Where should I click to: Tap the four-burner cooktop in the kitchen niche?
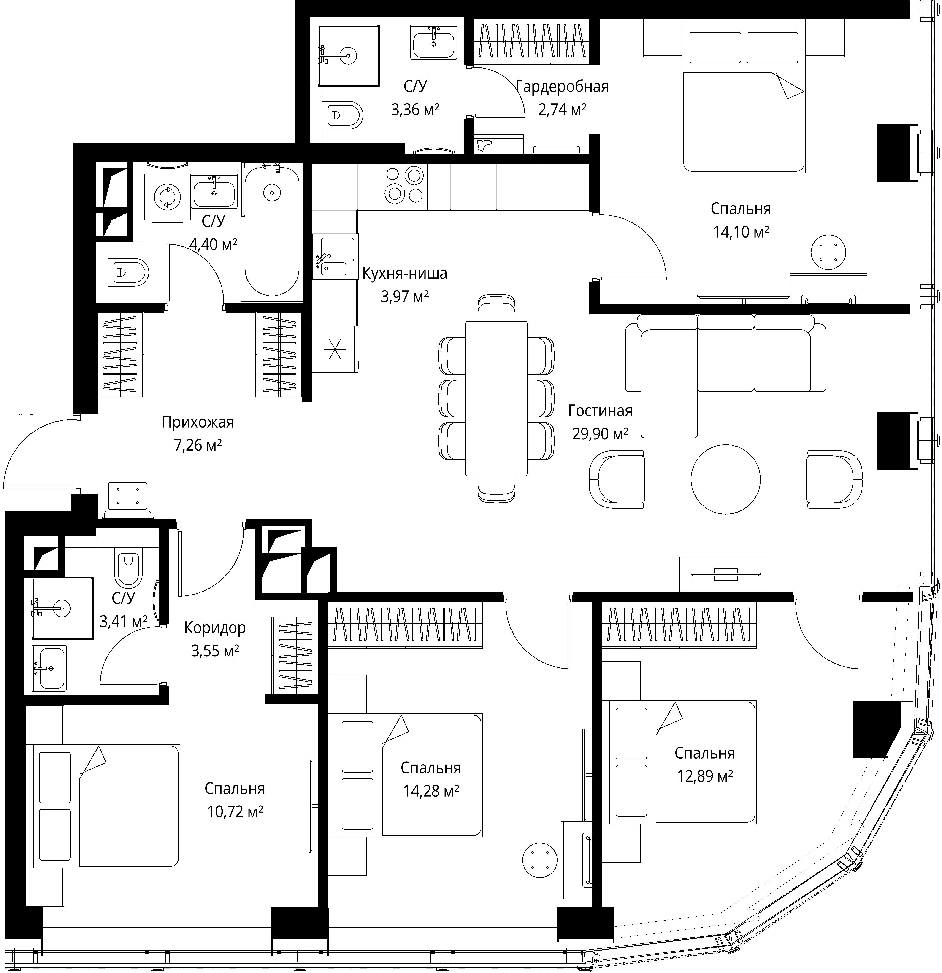[x=403, y=187]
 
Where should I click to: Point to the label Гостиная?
[x=600, y=411]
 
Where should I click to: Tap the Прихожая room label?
[x=198, y=422]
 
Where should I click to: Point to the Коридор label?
[x=215, y=628]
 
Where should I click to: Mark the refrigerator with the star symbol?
[x=334, y=349]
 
